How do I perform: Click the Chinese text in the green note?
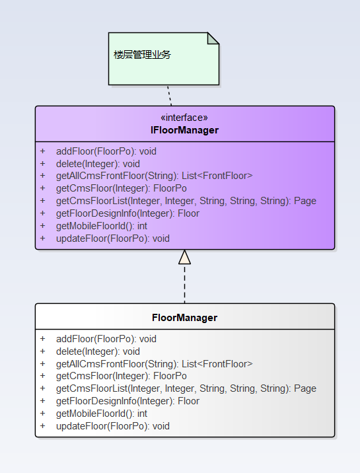[x=142, y=55]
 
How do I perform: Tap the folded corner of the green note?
[x=213, y=38]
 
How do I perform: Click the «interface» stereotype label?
[x=184, y=118]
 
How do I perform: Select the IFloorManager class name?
[x=184, y=130]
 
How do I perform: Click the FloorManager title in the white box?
[x=184, y=318]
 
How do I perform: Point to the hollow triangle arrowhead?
[x=184, y=258]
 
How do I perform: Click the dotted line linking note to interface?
[x=170, y=95]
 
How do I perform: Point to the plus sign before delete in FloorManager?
[x=42, y=351]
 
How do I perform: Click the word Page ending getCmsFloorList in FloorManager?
[x=305, y=388]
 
